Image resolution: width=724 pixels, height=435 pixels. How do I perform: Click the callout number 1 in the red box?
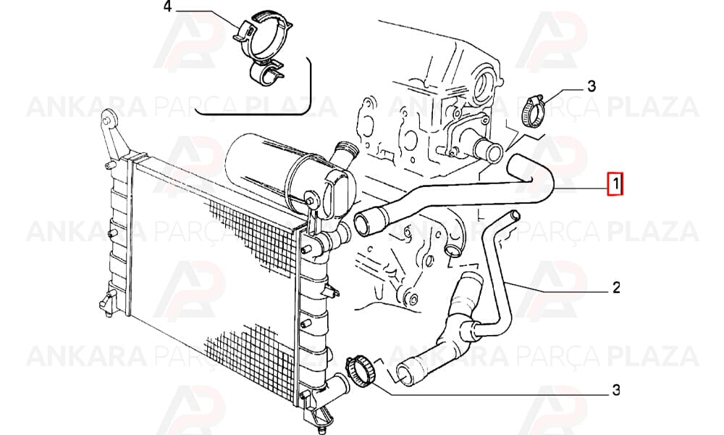pyautogui.click(x=615, y=184)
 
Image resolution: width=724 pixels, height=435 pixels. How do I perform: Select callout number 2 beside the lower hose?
pyautogui.click(x=616, y=288)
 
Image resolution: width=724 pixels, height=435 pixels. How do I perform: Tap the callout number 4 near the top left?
pyautogui.click(x=167, y=7)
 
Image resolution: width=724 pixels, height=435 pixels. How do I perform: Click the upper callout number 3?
pyautogui.click(x=591, y=86)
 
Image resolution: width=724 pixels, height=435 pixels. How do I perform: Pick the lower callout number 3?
pyautogui.click(x=616, y=390)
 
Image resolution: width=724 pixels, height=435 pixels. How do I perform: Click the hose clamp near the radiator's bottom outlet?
pyautogui.click(x=361, y=372)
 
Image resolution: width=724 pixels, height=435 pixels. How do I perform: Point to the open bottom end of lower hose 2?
pyautogui.click(x=404, y=374)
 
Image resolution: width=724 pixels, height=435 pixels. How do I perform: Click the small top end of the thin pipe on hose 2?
pyautogui.click(x=515, y=215)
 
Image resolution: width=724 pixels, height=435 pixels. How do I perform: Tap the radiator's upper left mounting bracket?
pyautogui.click(x=111, y=134)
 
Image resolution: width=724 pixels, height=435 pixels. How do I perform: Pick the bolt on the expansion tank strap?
pyautogui.click(x=311, y=199)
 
